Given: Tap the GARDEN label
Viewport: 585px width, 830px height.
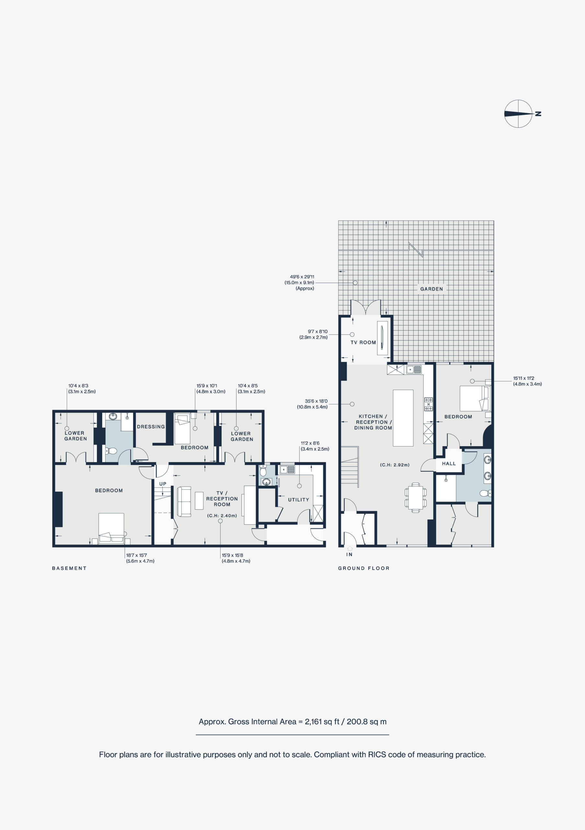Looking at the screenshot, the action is tap(431, 289).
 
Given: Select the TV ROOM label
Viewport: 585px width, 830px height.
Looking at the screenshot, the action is tap(363, 342).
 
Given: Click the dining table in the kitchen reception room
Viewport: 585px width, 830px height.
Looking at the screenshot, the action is tap(416, 497).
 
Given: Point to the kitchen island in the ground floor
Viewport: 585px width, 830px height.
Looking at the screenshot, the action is tap(403, 418).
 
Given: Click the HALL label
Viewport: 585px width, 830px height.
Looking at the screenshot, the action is tap(449, 463).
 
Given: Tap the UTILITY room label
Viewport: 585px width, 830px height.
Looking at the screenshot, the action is tap(299, 500).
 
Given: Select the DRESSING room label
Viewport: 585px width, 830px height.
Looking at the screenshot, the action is tap(151, 427).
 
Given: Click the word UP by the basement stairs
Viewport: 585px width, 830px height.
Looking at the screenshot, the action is tap(163, 484).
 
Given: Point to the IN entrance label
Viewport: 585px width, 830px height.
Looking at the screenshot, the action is tap(349, 554).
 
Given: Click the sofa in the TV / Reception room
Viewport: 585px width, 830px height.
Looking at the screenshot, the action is tap(184, 501).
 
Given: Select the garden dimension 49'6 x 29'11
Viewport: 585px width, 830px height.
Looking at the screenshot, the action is tap(302, 277).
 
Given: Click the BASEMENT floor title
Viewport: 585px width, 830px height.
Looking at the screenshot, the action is tap(69, 568).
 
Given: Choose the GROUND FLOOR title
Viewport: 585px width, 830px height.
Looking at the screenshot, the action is tap(364, 568).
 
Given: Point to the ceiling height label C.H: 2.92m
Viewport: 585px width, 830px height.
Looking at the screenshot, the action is tap(395, 465).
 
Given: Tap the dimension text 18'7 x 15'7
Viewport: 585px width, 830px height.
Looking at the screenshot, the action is tap(136, 555).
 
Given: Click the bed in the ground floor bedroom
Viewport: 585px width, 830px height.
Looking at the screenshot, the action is tap(475, 398).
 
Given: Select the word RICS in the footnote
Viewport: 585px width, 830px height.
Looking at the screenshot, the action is tap(377, 754).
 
